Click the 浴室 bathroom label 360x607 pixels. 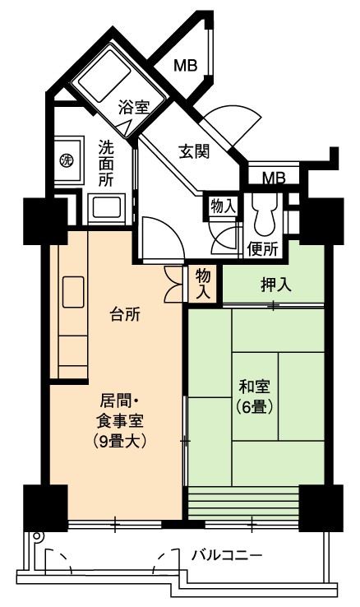[133, 107]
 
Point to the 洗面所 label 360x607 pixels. [105, 163]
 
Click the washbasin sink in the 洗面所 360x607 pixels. [106, 207]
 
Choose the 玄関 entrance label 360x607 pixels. [194, 151]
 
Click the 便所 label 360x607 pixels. [263, 248]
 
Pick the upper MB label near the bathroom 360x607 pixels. [185, 66]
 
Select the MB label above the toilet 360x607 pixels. [274, 178]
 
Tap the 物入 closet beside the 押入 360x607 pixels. [203, 284]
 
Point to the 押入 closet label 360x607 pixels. [275, 285]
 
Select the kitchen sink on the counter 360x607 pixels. [73, 292]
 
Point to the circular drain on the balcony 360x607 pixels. [37, 536]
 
